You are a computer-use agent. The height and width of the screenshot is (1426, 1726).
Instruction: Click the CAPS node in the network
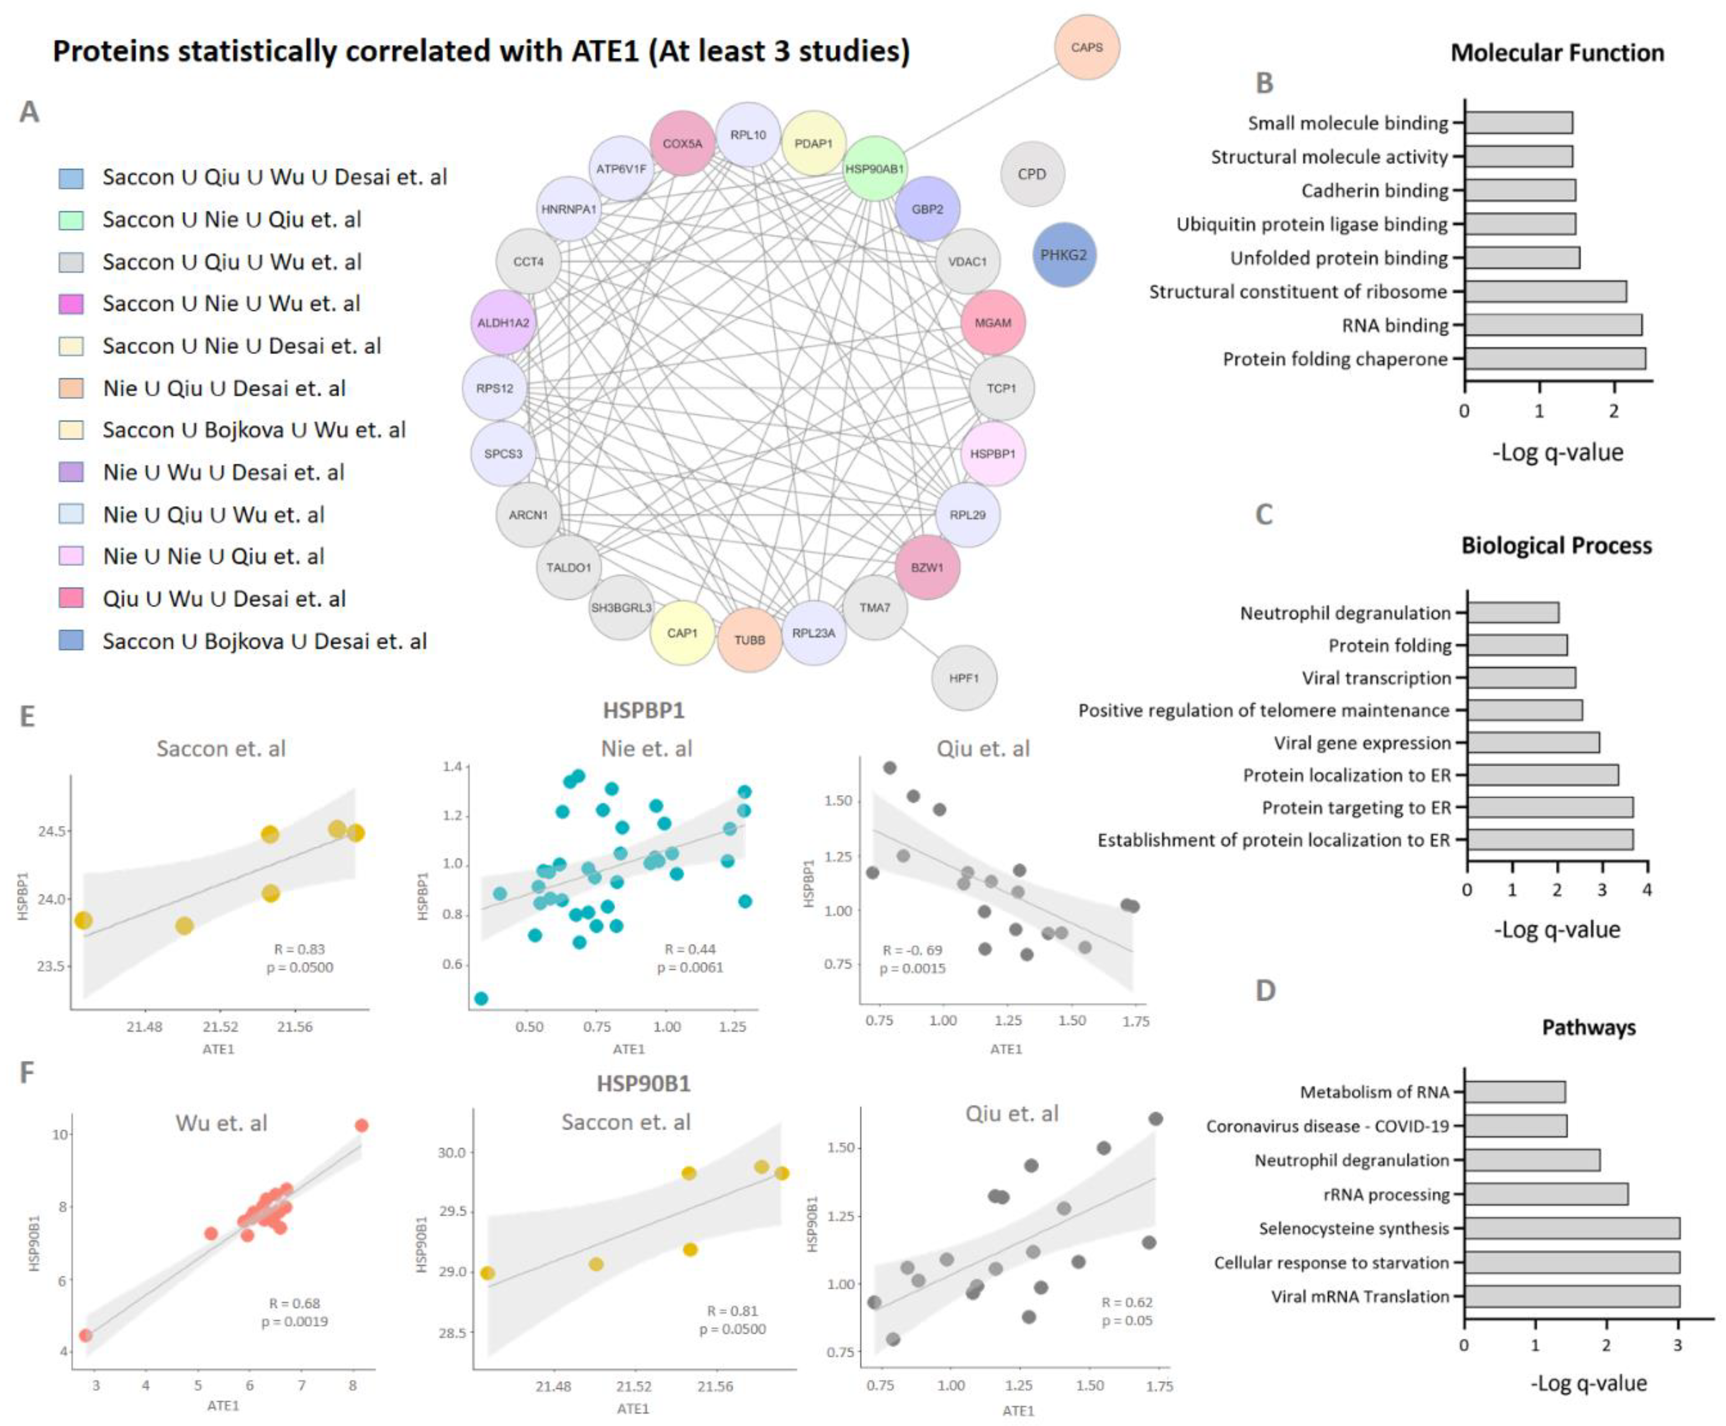(x=1086, y=48)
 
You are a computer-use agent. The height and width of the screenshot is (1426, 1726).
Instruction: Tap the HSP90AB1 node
(x=874, y=169)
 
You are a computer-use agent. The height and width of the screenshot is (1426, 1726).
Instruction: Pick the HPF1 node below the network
(x=964, y=678)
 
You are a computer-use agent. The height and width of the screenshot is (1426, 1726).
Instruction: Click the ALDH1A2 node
(x=503, y=323)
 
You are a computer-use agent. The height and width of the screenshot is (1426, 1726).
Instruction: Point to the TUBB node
(x=749, y=640)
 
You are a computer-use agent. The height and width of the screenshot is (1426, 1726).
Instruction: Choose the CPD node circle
(x=1032, y=174)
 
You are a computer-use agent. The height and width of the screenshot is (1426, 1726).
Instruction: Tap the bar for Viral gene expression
(x=1533, y=742)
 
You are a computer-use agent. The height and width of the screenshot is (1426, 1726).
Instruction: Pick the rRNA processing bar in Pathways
(x=1546, y=1194)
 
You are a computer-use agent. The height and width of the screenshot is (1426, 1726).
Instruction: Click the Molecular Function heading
(x=1557, y=53)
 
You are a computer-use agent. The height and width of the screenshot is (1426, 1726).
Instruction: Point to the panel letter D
(x=1265, y=991)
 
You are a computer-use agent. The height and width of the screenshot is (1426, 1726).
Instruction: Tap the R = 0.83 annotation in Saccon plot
(x=299, y=949)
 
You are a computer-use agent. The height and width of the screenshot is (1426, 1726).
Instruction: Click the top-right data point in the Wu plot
(x=361, y=1125)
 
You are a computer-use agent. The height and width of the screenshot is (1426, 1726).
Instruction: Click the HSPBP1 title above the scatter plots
(x=643, y=710)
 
